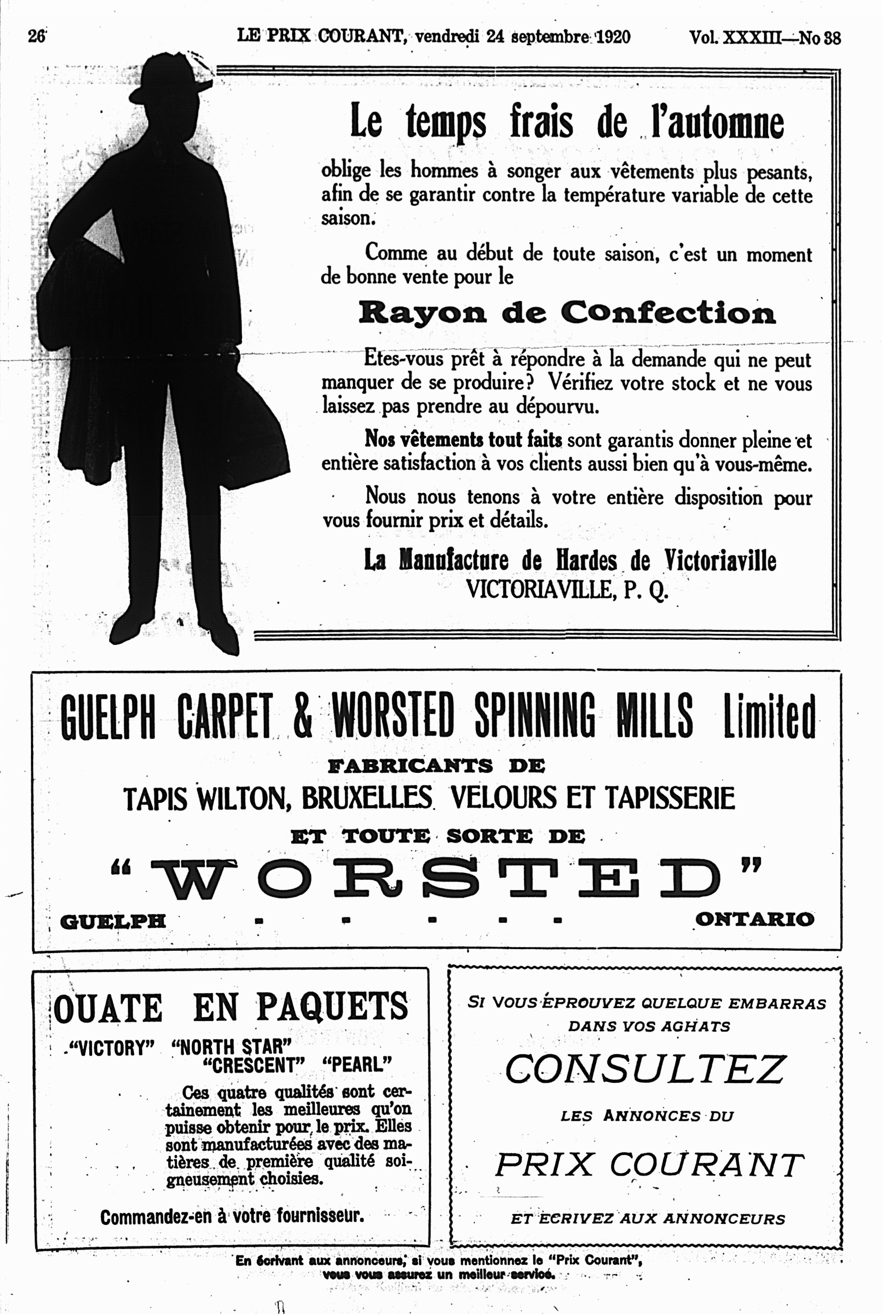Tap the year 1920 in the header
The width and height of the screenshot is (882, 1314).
click(612, 37)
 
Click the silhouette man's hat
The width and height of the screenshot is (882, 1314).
click(169, 79)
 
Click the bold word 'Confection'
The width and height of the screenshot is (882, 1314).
click(668, 312)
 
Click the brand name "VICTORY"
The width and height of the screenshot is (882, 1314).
click(111, 1048)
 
